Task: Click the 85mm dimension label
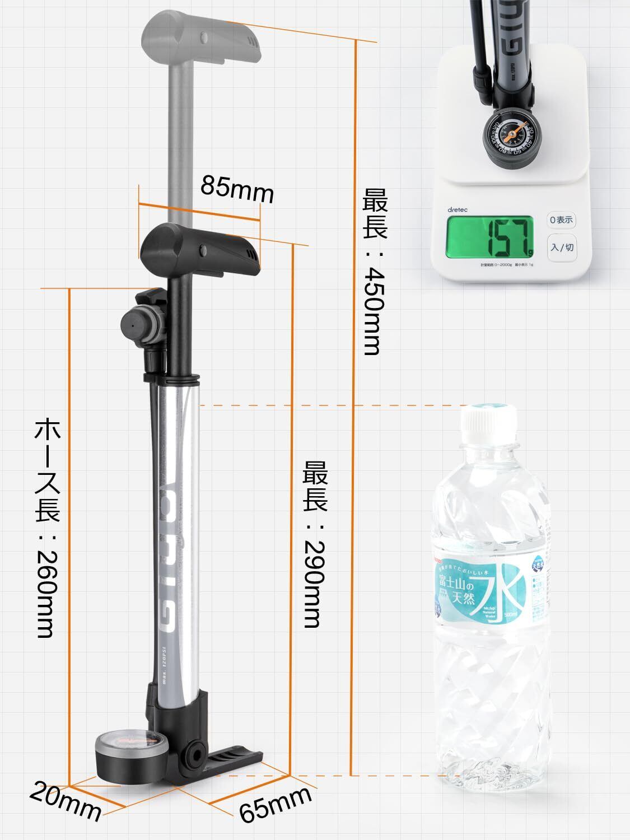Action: point(237,189)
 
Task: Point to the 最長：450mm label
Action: point(374,272)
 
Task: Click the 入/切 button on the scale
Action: point(562,247)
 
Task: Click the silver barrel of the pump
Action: point(178,532)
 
